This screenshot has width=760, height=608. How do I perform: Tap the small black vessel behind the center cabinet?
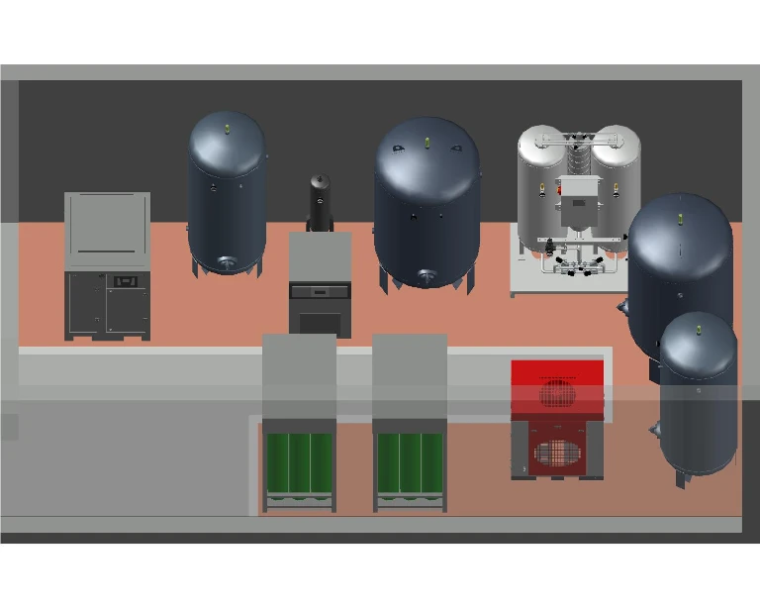pyautogui.click(x=319, y=203)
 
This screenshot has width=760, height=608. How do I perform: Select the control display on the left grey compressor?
pyautogui.click(x=125, y=281)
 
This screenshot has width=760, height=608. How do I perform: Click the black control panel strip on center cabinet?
pyautogui.click(x=320, y=292)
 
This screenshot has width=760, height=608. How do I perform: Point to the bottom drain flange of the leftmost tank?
pyautogui.click(x=227, y=262)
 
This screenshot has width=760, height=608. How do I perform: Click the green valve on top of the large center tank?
pyautogui.click(x=427, y=142)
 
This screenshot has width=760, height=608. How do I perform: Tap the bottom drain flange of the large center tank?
pyautogui.click(x=427, y=276)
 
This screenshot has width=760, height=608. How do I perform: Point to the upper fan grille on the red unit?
pyautogui.click(x=557, y=392)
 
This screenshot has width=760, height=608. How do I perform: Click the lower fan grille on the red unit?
pyautogui.click(x=556, y=455)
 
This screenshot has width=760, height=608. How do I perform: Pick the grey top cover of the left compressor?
pyautogui.click(x=107, y=231)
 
